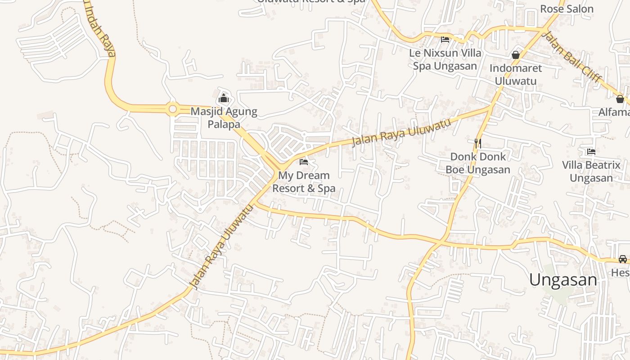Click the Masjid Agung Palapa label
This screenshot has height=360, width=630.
[x=224, y=118]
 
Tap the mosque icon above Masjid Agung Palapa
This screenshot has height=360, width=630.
[x=224, y=98]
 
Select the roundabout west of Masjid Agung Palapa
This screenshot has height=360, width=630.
[x=172, y=109]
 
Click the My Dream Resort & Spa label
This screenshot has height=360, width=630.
[x=304, y=182]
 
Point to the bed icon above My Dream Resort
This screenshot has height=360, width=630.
[x=304, y=162]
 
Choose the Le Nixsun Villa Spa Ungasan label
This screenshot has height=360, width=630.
[x=445, y=59]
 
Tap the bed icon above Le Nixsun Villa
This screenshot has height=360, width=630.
[x=445, y=40]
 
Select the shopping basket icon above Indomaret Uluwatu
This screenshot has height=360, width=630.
[x=515, y=55]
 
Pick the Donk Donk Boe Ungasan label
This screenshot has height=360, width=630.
[x=478, y=163]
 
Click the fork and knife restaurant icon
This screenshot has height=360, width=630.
[x=478, y=144]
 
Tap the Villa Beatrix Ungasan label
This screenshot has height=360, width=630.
[x=591, y=171]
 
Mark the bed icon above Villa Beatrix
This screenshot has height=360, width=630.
[x=591, y=152]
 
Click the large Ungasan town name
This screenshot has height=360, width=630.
[x=563, y=279]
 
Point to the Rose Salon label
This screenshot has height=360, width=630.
[x=567, y=9]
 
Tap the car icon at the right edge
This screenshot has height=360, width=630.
[x=622, y=259]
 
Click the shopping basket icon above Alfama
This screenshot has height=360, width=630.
[x=620, y=99]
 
